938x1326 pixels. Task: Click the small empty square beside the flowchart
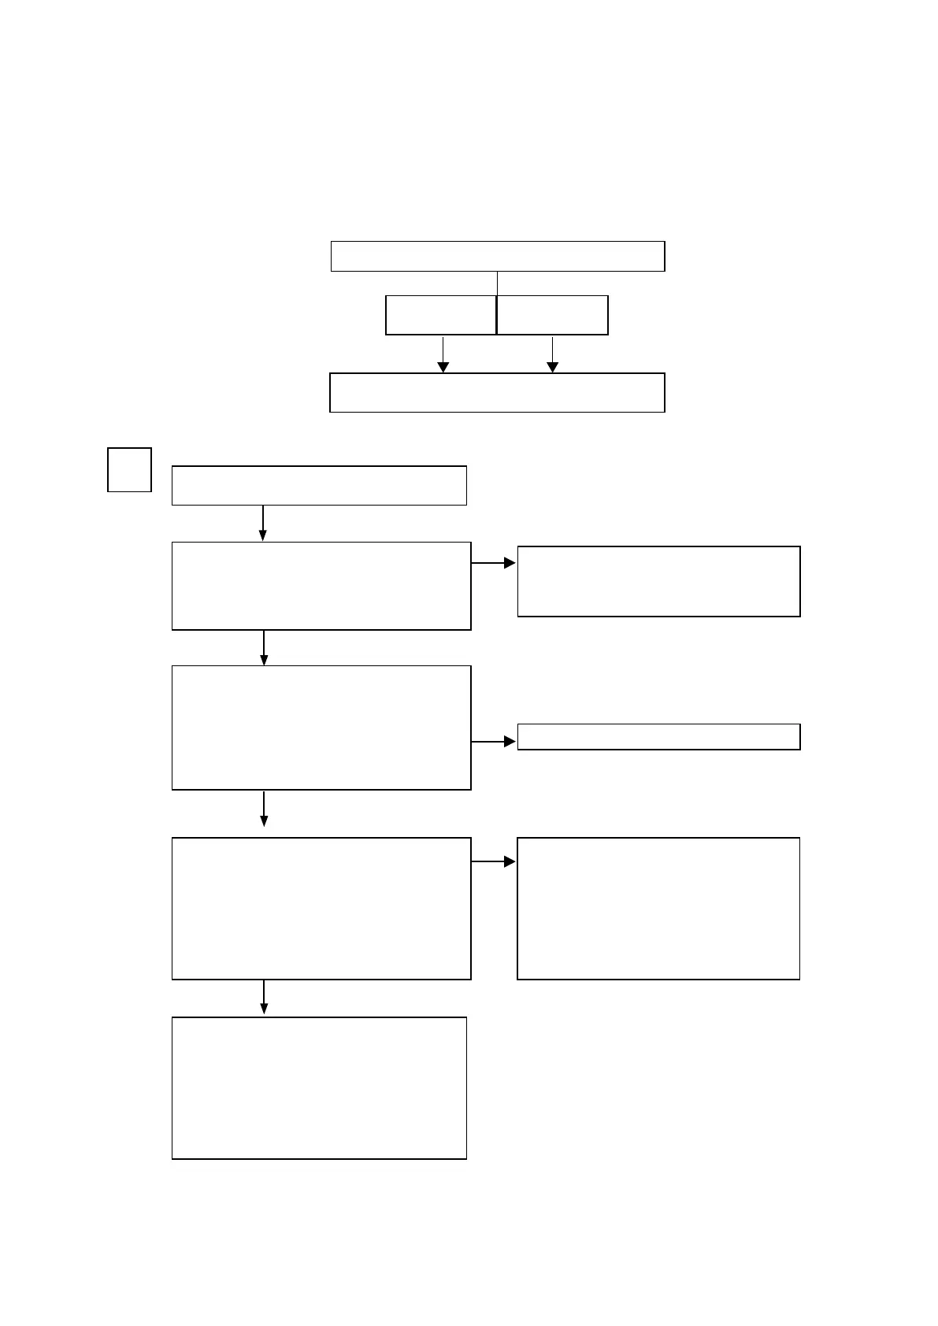[129, 469]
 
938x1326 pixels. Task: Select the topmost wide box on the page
[498, 257]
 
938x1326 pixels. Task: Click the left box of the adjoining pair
[441, 315]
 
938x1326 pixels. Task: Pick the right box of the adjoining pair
[553, 315]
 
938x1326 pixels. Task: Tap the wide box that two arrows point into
[497, 392]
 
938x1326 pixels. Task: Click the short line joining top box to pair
[497, 283]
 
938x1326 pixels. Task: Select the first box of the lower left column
[319, 485]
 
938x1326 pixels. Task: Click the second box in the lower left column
[321, 586]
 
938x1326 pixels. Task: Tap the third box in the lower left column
[321, 728]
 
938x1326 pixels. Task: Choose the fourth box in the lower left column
[321, 909]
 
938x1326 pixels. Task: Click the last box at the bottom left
[319, 1087]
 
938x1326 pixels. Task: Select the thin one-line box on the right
[658, 737]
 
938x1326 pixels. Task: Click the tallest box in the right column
[658, 909]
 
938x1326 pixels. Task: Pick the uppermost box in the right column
[658, 581]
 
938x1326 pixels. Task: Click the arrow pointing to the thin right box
[494, 742]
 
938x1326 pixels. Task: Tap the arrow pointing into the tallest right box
[494, 862]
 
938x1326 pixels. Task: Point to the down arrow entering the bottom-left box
[264, 998]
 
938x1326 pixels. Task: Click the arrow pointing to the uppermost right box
[494, 563]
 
